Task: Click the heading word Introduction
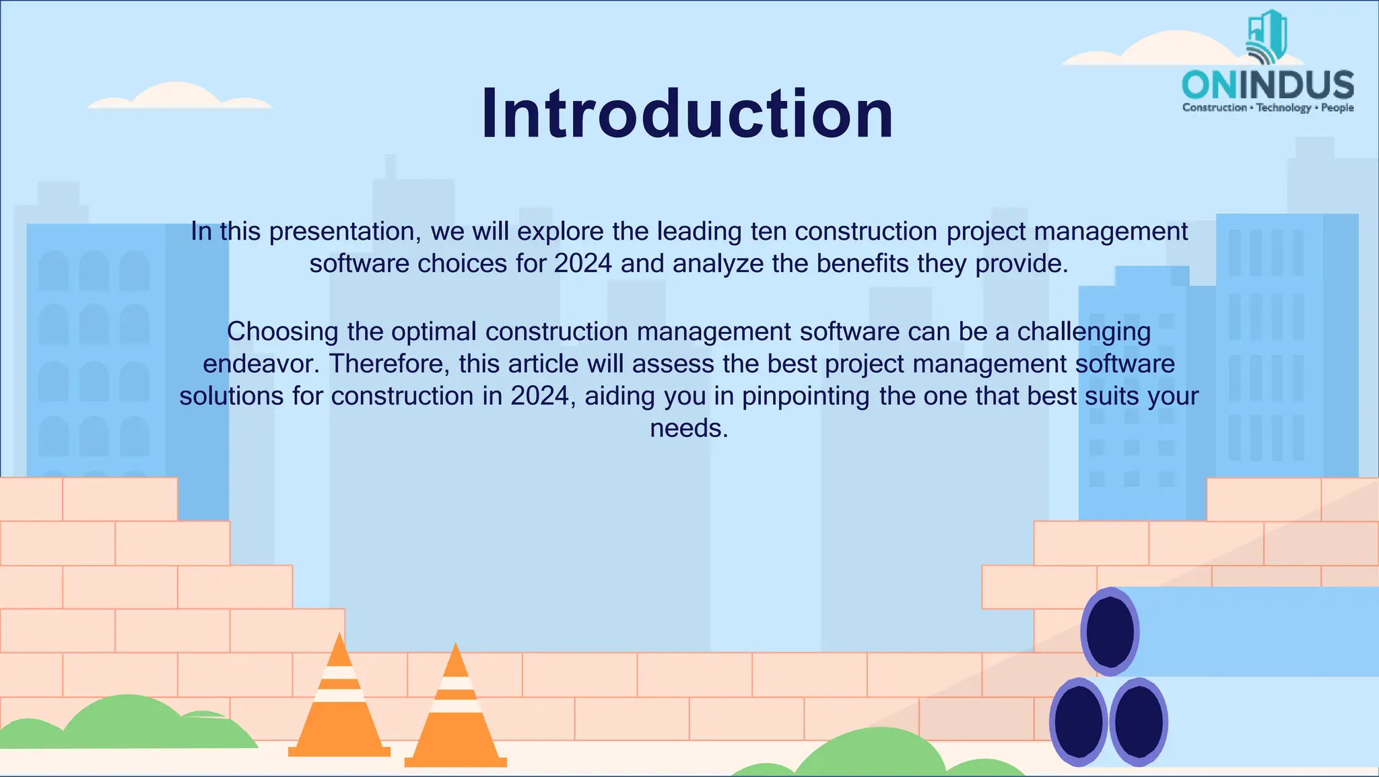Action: point(687,114)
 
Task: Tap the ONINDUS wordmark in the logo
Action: point(1268,86)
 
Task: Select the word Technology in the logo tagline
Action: point(1283,108)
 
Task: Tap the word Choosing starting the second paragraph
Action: point(283,332)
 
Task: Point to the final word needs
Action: point(689,428)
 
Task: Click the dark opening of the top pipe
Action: point(1110,632)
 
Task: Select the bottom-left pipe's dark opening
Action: point(1079,722)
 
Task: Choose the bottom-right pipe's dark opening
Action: point(1139,722)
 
